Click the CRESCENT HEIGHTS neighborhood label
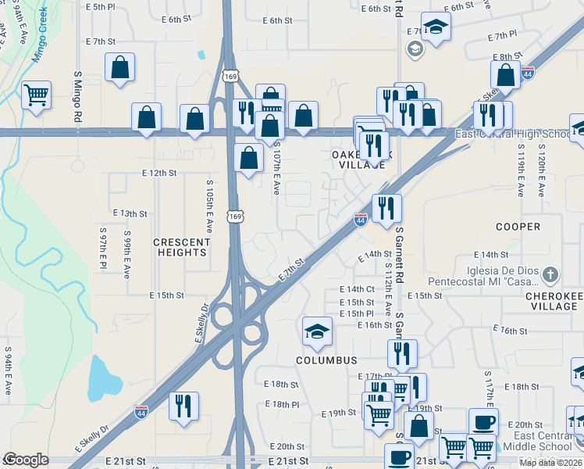point(181,247)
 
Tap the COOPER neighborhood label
point(518,227)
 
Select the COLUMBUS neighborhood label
point(326,360)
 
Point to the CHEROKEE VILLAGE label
point(551,301)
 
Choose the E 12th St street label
point(158,173)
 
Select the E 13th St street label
point(130,213)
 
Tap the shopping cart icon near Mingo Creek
point(36,95)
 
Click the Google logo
point(26,460)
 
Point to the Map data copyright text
point(550,463)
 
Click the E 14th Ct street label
point(357,289)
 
